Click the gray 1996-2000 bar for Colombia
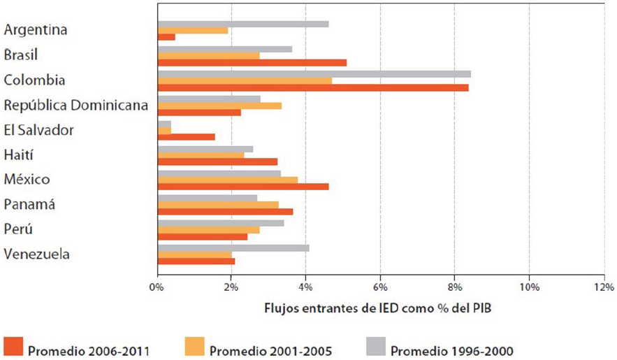(x=314, y=73)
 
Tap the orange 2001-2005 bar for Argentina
(x=193, y=30)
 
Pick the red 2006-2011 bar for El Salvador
(x=187, y=137)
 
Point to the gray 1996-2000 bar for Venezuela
(x=233, y=247)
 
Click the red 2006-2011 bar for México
(x=243, y=187)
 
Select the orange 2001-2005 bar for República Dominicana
(x=219, y=106)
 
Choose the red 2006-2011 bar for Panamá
(x=225, y=212)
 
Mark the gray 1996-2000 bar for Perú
(x=221, y=223)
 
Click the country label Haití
(x=19, y=154)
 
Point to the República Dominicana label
(x=75, y=105)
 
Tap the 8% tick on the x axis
(x=454, y=287)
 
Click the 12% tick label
(x=604, y=287)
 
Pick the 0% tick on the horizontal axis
(x=157, y=287)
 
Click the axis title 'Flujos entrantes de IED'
(x=368, y=308)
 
